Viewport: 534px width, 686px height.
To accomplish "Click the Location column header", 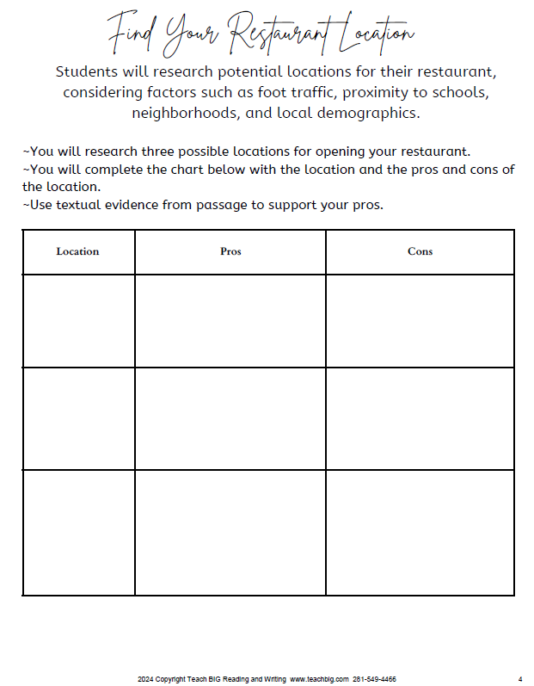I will (x=77, y=251).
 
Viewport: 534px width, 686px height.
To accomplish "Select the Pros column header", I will (x=230, y=251).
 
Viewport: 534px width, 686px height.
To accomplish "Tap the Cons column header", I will (x=420, y=251).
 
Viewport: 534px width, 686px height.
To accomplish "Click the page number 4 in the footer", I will (x=520, y=679).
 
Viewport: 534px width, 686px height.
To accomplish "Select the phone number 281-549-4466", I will (x=375, y=679).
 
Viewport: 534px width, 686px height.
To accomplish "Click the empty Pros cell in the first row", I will (x=230, y=321).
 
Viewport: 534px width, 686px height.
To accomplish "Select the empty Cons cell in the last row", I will (x=420, y=532).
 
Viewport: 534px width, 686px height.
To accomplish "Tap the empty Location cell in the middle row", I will (x=78, y=418).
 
